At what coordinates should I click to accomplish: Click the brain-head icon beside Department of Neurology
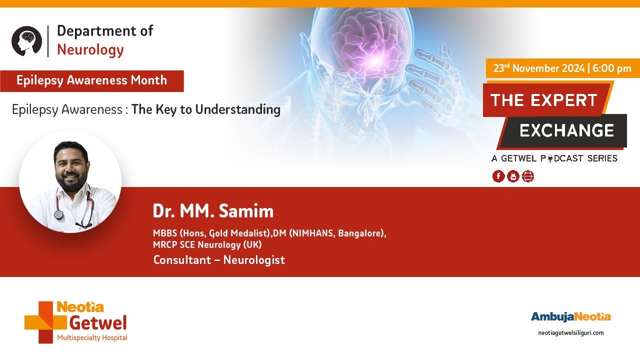(26, 41)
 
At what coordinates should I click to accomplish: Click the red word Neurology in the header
(90, 50)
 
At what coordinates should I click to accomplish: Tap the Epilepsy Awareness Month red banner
(91, 81)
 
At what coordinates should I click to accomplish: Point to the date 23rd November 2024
(539, 68)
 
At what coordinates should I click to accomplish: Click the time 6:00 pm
(611, 68)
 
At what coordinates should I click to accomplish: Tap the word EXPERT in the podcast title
(563, 100)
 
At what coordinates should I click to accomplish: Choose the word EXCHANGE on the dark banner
(567, 130)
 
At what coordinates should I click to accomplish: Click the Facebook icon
(498, 176)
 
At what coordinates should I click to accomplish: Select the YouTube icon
(513, 176)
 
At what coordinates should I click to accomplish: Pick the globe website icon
(527, 176)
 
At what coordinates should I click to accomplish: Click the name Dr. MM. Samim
(213, 211)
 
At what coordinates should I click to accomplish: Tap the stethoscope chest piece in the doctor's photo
(59, 215)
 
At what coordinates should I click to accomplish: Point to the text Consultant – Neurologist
(219, 260)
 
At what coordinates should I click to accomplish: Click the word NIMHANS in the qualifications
(312, 233)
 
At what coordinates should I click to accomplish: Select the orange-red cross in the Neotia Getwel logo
(45, 322)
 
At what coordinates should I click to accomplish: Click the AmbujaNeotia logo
(571, 317)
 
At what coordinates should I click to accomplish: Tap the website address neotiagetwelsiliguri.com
(571, 333)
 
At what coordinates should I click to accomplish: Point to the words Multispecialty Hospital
(92, 337)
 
